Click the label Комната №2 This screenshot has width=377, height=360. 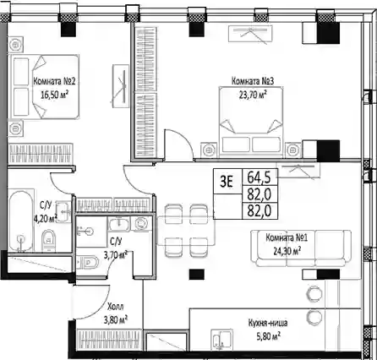point(54,81)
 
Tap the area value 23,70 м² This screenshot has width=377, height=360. point(253,95)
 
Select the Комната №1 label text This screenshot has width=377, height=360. point(287,237)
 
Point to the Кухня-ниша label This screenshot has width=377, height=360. point(268,323)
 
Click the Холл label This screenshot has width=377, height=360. point(116,306)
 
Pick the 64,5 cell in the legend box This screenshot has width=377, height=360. point(259,177)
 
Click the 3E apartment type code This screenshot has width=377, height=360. point(227,183)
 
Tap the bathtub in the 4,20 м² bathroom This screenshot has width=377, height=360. point(21,221)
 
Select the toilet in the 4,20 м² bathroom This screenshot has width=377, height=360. point(48,240)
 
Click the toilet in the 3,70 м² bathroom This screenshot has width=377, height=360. point(87,262)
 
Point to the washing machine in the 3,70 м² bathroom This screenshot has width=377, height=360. point(140,224)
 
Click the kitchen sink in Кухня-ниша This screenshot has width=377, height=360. point(221,340)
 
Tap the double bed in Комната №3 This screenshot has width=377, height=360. point(251,122)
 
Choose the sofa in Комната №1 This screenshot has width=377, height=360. point(301,248)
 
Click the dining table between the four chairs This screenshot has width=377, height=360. point(186,231)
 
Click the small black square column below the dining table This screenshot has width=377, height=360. point(196,275)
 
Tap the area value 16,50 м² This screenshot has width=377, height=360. point(55,95)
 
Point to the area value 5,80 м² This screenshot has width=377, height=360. point(268,335)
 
